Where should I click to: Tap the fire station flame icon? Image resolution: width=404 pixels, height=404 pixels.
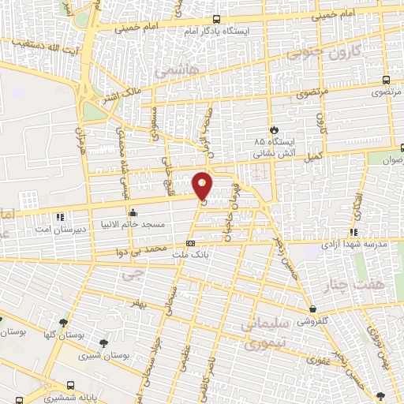273,129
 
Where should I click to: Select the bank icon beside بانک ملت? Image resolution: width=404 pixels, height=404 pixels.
189,244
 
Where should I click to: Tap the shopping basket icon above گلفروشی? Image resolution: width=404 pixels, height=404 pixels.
314,309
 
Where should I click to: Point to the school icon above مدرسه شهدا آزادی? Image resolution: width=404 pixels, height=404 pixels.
354,232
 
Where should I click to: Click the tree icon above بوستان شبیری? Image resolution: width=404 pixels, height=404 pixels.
103,342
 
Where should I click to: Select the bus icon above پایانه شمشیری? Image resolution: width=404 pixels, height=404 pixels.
72,386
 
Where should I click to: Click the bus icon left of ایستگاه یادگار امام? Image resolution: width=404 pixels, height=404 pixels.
216,19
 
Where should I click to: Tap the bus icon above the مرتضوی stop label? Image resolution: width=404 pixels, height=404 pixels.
385,80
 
